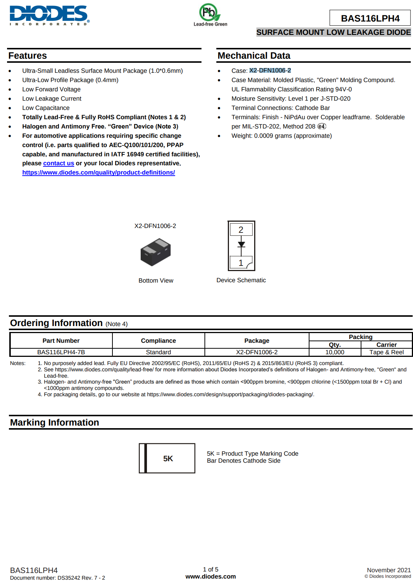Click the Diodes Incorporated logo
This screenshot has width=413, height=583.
click(49, 15)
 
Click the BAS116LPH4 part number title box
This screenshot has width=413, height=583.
click(370, 18)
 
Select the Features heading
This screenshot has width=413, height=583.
click(28, 56)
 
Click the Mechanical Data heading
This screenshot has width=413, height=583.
click(254, 56)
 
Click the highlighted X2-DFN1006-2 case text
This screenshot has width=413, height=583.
click(270, 71)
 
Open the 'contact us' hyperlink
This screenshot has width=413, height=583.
click(59, 163)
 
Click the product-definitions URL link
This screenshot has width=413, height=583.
click(98, 173)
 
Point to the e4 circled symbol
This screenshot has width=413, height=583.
click(322, 126)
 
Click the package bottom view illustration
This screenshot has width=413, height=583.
click(155, 252)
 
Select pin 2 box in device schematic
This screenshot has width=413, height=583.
click(241, 230)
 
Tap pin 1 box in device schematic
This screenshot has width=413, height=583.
click(241, 263)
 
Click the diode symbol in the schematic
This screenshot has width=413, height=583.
click(241, 244)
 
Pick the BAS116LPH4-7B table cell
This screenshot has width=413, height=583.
click(61, 352)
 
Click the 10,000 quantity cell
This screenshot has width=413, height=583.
click(335, 352)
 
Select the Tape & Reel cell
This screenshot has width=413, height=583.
click(386, 352)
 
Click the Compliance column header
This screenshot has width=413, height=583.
click(158, 341)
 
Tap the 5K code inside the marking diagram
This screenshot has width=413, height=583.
click(168, 459)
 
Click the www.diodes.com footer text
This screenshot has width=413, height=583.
click(210, 576)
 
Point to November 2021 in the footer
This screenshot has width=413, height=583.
click(389, 570)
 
